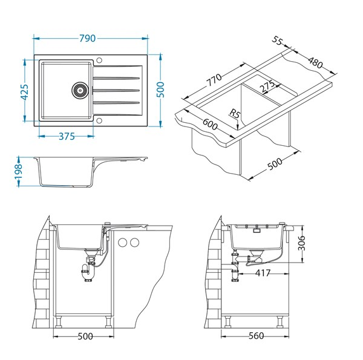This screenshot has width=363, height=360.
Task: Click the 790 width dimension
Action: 88,38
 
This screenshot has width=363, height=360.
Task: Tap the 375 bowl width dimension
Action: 64,136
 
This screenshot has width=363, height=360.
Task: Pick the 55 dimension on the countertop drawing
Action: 278,41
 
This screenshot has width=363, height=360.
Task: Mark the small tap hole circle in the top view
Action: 100,61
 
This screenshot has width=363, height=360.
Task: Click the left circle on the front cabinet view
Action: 123,243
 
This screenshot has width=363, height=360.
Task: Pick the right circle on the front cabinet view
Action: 136,243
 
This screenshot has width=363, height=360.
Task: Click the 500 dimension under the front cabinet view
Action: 85,336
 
